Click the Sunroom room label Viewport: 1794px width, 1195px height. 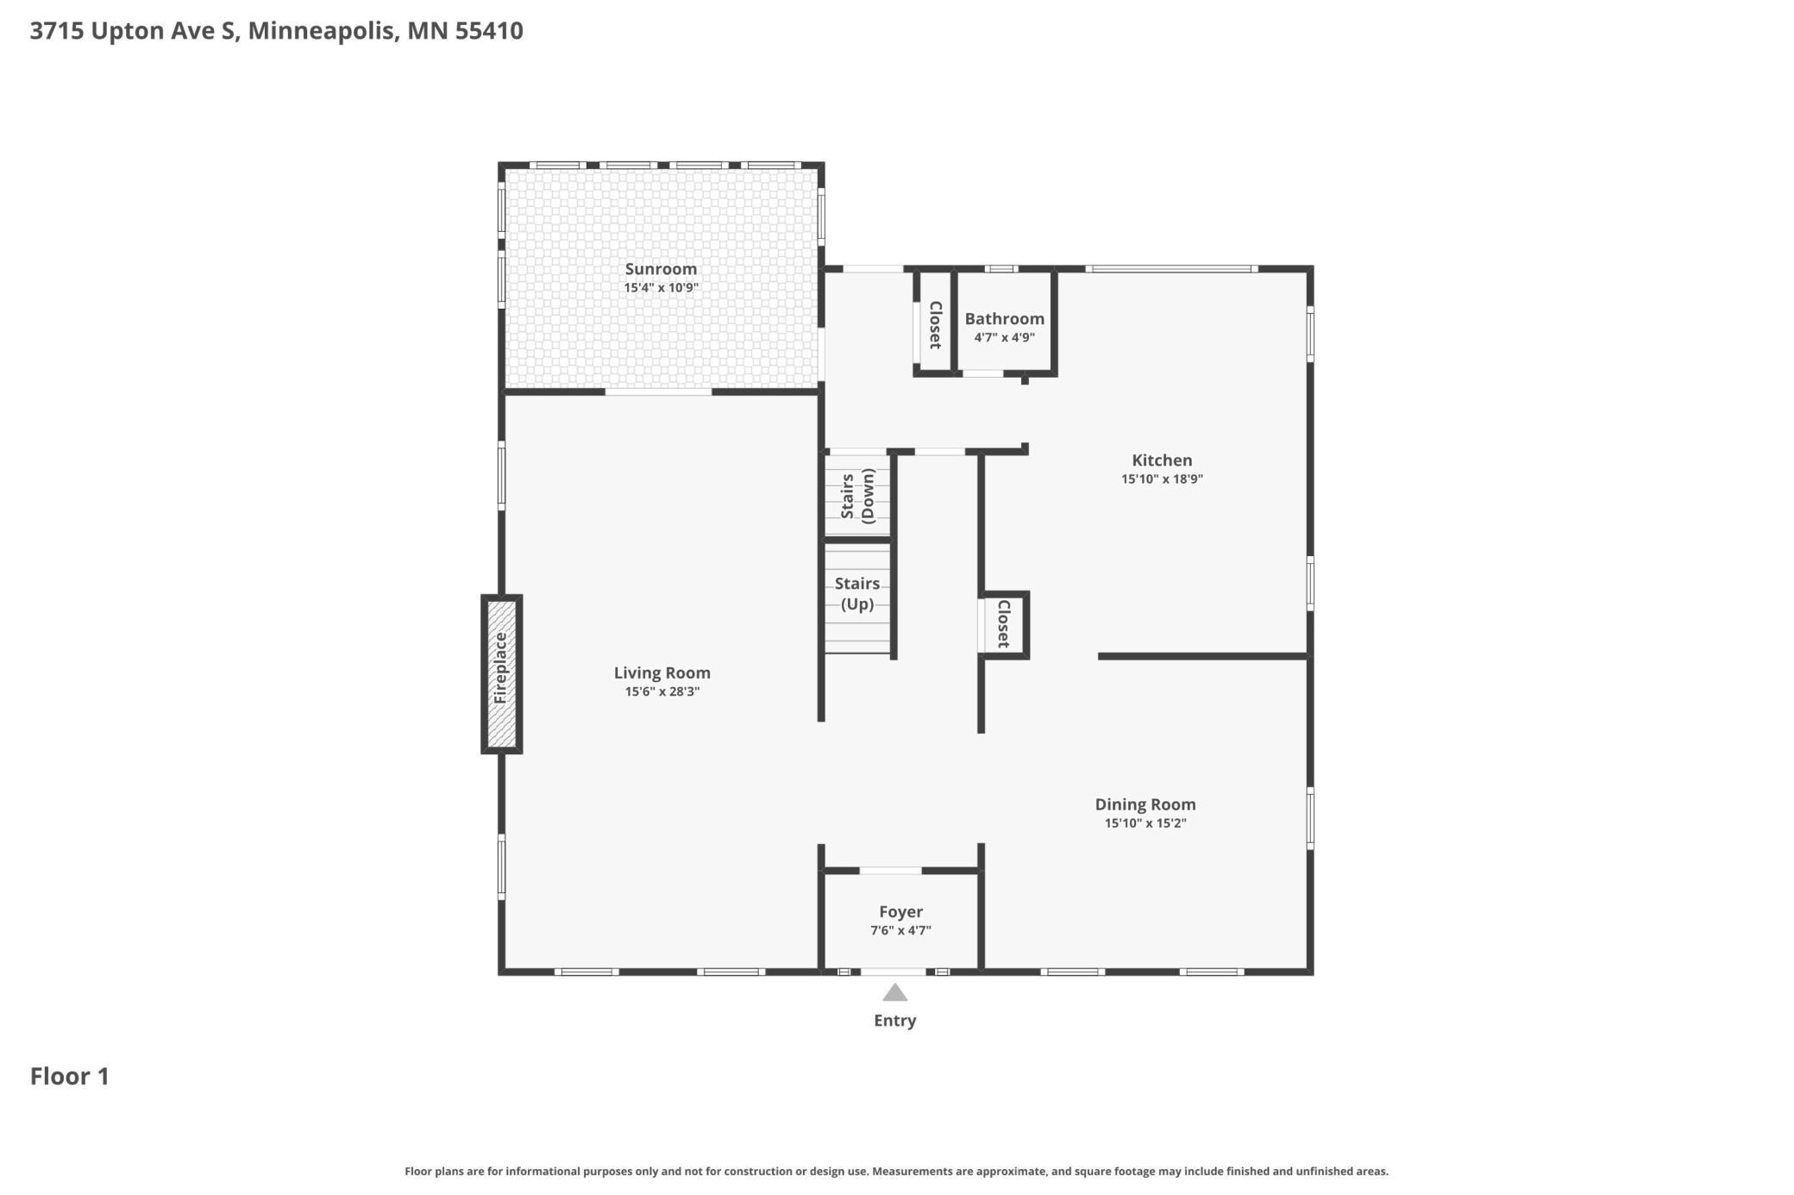[x=661, y=269]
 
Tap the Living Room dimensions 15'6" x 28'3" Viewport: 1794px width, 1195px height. [x=662, y=691]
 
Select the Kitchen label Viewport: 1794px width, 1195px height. [x=1162, y=460]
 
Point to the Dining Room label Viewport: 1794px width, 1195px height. [x=1145, y=804]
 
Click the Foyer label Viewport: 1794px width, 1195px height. [x=901, y=912]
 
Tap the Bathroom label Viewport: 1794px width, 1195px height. [x=1005, y=319]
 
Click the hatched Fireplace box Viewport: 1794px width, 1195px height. [x=501, y=674]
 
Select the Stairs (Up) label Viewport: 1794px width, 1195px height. [x=857, y=594]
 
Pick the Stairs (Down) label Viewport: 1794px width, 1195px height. [x=857, y=497]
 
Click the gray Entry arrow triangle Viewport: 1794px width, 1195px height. [x=895, y=993]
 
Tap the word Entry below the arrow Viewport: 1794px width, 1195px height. [x=895, y=1021]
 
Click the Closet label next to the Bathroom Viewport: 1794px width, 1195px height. [x=935, y=324]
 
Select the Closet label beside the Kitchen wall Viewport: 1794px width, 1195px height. [x=1004, y=623]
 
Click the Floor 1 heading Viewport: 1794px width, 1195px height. [x=70, y=1076]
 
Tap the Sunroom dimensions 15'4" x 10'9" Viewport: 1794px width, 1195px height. [x=661, y=288]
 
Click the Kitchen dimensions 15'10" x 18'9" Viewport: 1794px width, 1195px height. [x=1162, y=479]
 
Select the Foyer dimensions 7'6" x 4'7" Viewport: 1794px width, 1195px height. [x=901, y=931]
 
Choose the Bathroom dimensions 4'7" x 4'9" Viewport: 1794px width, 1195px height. [x=1005, y=338]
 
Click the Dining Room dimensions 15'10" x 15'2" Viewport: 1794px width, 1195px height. [x=1145, y=823]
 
